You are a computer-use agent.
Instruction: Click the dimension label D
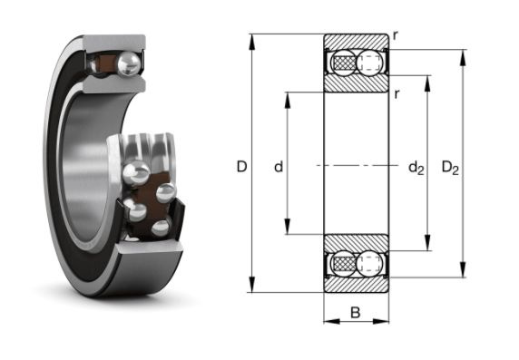coord(242,167)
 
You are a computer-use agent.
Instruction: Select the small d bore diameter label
coord(279,167)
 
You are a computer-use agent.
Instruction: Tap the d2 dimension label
coord(416,168)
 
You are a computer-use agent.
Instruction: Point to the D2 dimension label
coord(450,168)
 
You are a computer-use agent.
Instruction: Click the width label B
coord(355,312)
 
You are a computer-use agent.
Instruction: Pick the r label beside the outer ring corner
coord(395,36)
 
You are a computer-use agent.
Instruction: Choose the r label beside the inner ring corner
coord(397,94)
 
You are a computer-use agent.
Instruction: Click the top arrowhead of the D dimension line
coord(252,42)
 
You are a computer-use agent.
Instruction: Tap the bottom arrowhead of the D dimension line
coord(252,284)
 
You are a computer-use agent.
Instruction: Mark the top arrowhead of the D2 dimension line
coord(463,58)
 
